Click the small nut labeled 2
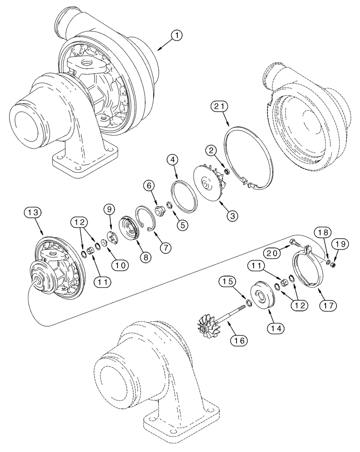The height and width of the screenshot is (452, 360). (x=226, y=172)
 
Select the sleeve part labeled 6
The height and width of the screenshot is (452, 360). (x=159, y=211)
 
